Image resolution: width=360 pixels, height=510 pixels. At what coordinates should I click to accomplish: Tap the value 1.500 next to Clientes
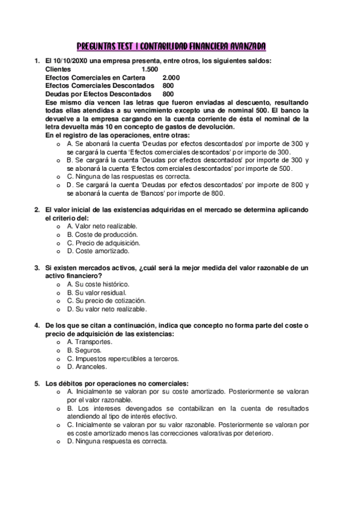pos(150,69)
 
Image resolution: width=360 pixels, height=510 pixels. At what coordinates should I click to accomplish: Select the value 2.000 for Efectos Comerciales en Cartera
pos(171,78)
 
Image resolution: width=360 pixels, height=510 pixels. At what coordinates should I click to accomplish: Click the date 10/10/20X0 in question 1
pos(69,61)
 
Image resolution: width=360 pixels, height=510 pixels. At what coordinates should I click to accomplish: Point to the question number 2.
pos(37,209)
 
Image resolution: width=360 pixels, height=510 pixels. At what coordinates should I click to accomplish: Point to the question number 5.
pos(37,382)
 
